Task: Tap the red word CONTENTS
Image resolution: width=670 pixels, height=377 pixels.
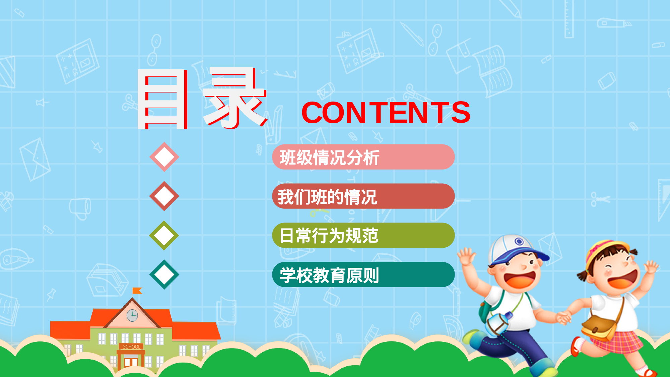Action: click(386, 113)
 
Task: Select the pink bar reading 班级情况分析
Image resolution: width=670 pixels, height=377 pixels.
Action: click(363, 157)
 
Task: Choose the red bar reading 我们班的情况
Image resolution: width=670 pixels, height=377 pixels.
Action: click(363, 196)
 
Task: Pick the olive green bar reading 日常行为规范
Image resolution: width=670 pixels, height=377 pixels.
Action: click(363, 236)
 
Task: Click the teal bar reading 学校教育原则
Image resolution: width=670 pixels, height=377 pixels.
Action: click(363, 275)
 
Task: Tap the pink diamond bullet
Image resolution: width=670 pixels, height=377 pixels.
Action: click(164, 157)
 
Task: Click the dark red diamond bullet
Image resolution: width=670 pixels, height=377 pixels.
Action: click(164, 196)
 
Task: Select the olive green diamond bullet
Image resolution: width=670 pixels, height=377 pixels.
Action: click(164, 235)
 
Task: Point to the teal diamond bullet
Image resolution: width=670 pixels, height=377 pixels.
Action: click(164, 274)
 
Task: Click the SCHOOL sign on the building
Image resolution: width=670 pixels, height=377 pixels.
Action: click(131, 347)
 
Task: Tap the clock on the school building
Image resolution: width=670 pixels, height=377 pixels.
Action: click(132, 315)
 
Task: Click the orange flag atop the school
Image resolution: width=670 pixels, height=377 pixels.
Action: click(137, 291)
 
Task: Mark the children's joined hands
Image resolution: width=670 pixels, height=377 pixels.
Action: click(564, 317)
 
